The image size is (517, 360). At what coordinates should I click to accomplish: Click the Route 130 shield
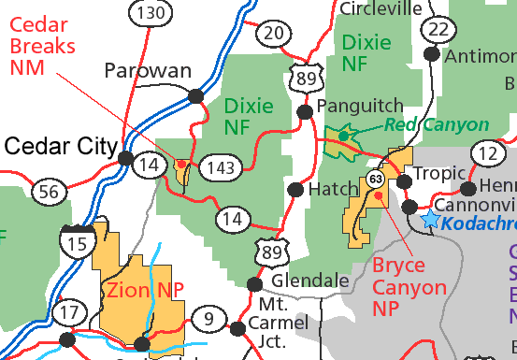[x=150, y=13]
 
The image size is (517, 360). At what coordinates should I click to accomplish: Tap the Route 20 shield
[x=273, y=35]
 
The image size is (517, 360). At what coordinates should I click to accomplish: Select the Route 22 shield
[x=436, y=29]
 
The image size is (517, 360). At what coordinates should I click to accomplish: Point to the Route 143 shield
[x=223, y=166]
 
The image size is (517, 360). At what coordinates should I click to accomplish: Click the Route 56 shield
[x=50, y=193]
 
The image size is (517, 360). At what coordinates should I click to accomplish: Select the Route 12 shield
[x=487, y=152]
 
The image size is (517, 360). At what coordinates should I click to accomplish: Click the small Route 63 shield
[x=376, y=178]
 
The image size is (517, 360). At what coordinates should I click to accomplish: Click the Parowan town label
[x=148, y=71]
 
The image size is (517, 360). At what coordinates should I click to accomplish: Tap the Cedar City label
[x=58, y=145]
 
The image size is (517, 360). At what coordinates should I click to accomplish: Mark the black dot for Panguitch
[x=304, y=112]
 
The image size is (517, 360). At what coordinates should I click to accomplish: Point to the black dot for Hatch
[x=294, y=189]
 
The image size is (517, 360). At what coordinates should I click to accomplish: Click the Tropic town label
[x=439, y=175]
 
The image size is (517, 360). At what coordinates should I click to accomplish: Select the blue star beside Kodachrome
[x=430, y=220]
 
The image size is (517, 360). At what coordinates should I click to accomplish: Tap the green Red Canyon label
[x=436, y=125]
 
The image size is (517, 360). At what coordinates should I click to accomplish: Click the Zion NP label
[x=144, y=291]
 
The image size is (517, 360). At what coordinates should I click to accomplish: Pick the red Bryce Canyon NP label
[x=399, y=286]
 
